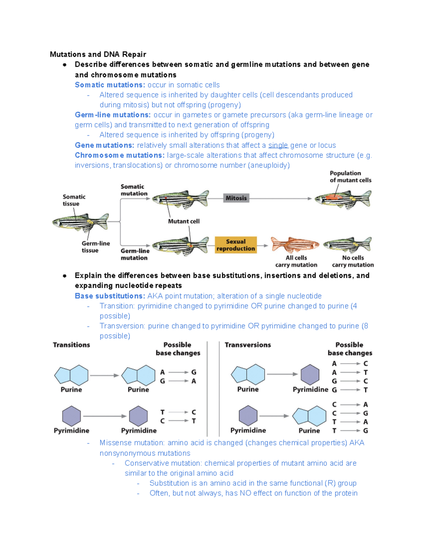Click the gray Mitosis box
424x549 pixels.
coord(236,198)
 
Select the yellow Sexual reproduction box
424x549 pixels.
coord(236,245)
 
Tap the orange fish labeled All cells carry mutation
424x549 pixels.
coord(295,245)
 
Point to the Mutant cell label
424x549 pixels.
coord(184,221)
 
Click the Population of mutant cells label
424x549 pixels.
coord(350,177)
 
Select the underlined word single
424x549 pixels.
coord(278,145)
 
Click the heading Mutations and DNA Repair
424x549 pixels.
coord(98,54)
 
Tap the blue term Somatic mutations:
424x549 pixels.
coord(110,85)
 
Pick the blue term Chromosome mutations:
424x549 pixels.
coord(119,155)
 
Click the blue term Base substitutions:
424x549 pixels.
coord(110,296)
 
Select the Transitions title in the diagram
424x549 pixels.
coord(71,345)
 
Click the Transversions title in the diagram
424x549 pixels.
coord(248,345)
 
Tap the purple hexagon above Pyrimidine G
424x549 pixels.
coord(310,375)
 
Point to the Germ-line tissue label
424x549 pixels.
coord(95,247)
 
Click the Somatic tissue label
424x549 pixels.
coord(74,200)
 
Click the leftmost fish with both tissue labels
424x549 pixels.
coord(81,222)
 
